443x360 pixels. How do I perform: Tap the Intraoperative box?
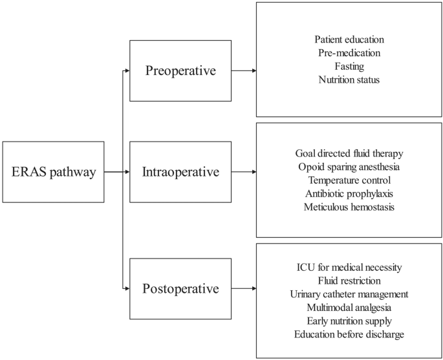(180, 172)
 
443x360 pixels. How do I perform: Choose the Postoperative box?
(180, 288)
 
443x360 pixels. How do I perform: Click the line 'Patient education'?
(349, 39)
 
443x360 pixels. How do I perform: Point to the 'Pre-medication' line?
(349, 52)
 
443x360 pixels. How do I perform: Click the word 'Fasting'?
(349, 66)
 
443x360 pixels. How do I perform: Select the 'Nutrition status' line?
(349, 79)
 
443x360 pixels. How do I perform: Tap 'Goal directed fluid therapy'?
(349, 153)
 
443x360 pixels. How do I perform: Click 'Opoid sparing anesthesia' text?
(349, 167)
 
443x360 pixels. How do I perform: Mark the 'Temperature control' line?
(349, 180)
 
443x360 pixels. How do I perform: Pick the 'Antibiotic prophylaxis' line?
(349, 193)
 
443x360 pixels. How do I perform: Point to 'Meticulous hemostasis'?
(349, 207)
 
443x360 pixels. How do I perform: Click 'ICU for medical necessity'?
(349, 267)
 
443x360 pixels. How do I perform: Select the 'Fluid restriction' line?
(349, 281)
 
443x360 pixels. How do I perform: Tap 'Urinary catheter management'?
(349, 294)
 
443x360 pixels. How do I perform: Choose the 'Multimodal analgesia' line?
(349, 307)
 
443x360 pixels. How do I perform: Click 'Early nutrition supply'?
(349, 321)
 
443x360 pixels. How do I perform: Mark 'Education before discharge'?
(349, 334)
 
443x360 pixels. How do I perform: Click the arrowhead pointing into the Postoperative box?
(127, 288)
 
